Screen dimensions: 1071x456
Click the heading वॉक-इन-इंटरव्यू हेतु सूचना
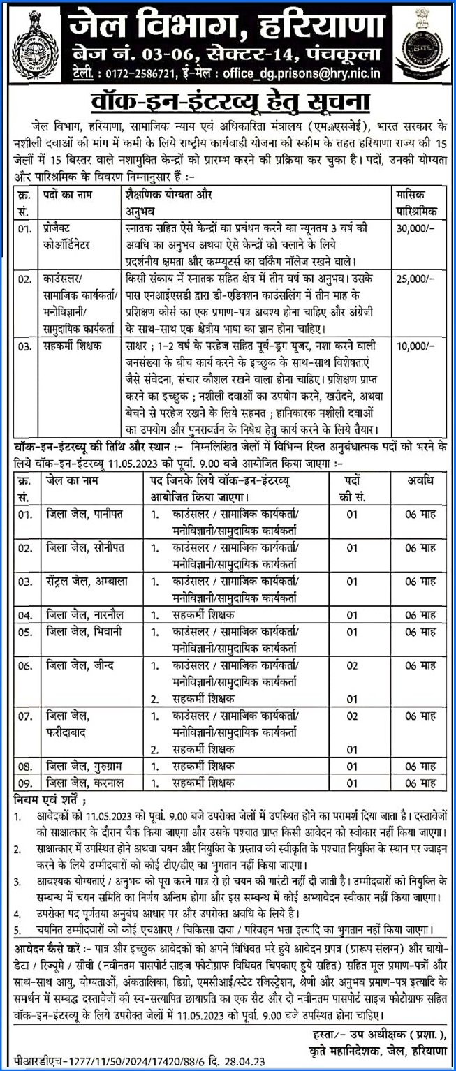tap(228, 101)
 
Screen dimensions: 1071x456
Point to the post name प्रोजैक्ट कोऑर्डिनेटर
tap(71, 236)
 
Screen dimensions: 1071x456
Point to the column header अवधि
tap(420, 481)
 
